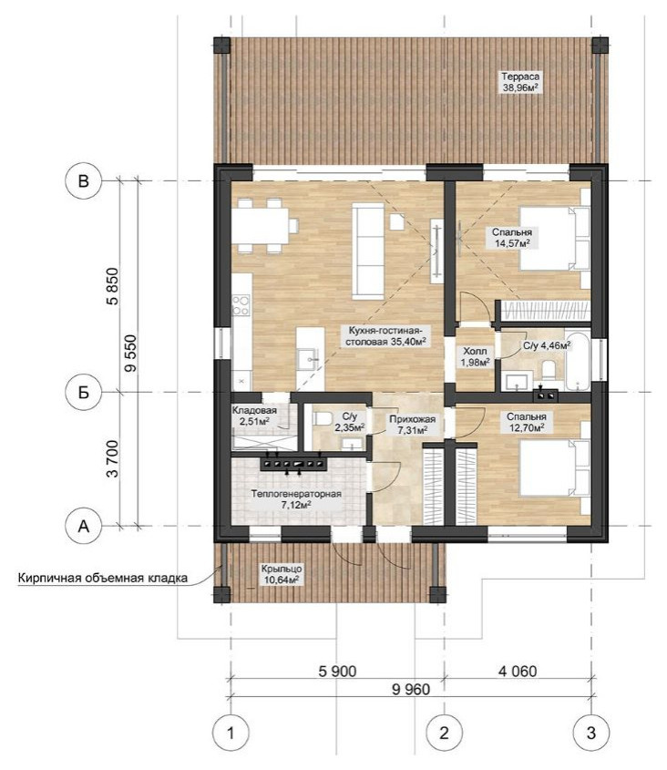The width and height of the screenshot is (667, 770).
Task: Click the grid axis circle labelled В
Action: [x=84, y=181]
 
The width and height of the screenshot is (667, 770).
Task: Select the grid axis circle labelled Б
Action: [x=84, y=393]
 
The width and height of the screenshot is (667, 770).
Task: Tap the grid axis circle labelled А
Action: [x=84, y=526]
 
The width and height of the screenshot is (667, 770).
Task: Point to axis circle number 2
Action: [x=445, y=734]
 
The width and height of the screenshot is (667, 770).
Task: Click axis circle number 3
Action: [x=590, y=734]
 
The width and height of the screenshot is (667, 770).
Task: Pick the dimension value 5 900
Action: [x=337, y=672]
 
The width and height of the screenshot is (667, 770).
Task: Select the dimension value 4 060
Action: [x=518, y=671]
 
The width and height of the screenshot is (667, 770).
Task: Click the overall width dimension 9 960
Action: [x=411, y=690]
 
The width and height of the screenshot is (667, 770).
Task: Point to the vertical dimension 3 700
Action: [x=112, y=458]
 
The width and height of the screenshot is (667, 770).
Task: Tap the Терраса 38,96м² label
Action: [x=520, y=83]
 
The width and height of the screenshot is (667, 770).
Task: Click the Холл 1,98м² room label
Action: [x=476, y=357]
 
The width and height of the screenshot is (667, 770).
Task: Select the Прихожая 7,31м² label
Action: [x=412, y=425]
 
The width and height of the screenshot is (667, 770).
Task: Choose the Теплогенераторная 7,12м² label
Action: [x=296, y=499]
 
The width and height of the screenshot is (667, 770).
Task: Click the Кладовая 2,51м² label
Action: [x=254, y=416]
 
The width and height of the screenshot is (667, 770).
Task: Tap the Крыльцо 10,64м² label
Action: [x=282, y=574]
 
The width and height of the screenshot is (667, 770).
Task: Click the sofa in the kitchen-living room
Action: [x=368, y=251]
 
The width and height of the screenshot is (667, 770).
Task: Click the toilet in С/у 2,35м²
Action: [x=322, y=419]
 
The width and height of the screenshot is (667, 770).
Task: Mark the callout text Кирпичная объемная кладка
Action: [x=103, y=578]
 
